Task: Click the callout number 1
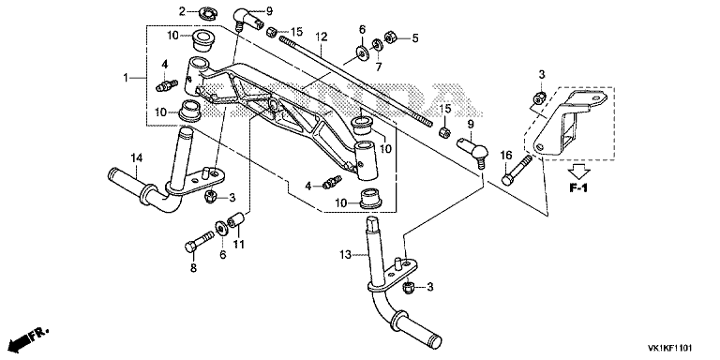(126, 79)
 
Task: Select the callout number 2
(182, 11)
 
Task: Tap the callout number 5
(415, 38)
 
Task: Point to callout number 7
(379, 67)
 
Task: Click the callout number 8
(193, 268)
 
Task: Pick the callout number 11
(238, 245)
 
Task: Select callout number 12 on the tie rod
(321, 37)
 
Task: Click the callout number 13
(345, 254)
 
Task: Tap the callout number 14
(137, 158)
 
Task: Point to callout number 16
(505, 156)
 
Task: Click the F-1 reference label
(578, 188)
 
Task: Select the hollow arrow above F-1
(579, 172)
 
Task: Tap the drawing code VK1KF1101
(670, 348)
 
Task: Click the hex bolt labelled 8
(199, 242)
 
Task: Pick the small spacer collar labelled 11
(234, 219)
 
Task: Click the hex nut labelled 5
(391, 37)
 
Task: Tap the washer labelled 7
(377, 45)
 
